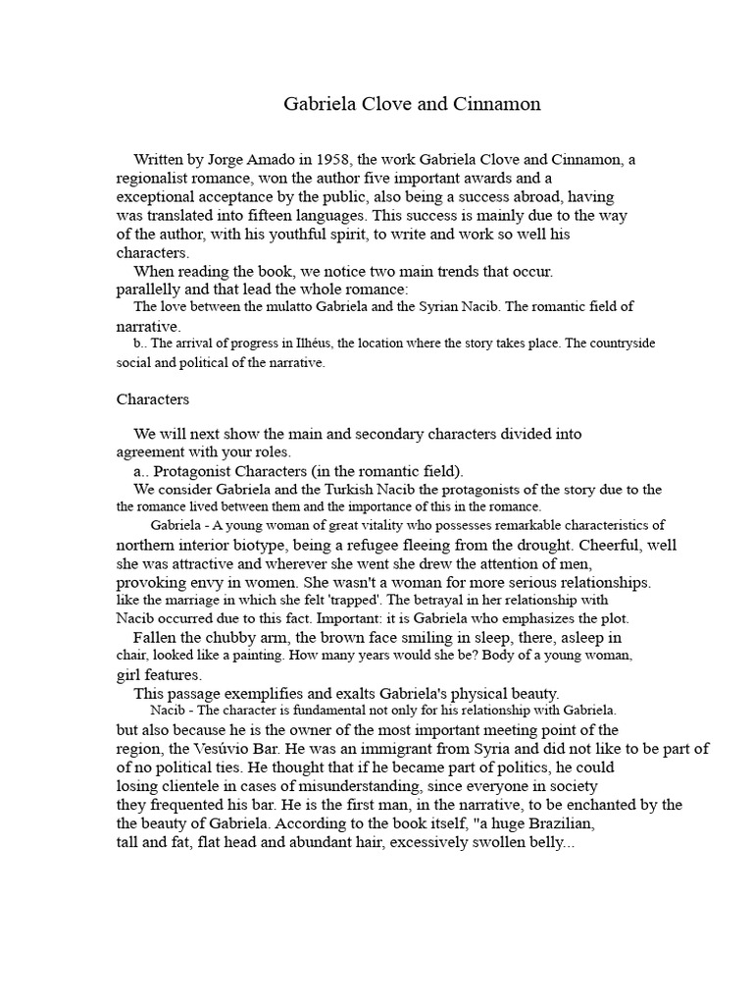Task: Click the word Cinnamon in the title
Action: coord(498,104)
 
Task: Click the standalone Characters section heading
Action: coord(153,399)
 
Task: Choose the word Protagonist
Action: coord(197,471)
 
